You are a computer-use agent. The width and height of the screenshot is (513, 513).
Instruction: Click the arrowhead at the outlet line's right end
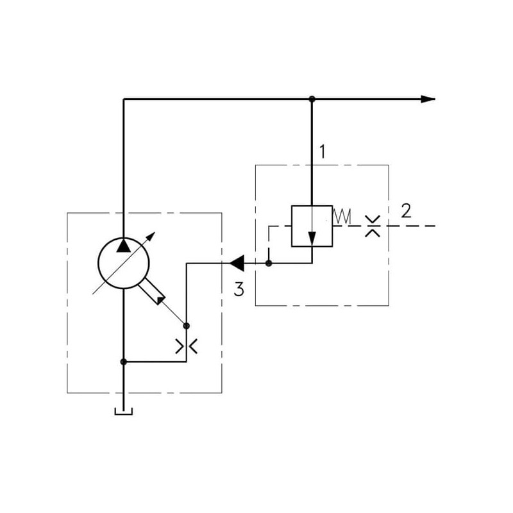428,99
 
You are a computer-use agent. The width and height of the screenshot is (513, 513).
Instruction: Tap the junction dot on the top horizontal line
312,99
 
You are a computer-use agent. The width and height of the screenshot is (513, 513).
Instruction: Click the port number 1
323,152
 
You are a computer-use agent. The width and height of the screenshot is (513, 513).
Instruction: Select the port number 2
405,210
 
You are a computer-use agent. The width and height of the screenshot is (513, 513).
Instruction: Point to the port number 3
239,290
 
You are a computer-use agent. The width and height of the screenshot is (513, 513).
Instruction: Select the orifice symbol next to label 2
372,226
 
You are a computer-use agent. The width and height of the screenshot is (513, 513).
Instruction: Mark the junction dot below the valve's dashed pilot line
269,262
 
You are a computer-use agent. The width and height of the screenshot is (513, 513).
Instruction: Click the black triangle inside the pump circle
122,244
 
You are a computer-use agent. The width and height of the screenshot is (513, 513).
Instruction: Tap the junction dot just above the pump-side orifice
187,326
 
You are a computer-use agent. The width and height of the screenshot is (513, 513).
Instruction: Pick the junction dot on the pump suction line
123,362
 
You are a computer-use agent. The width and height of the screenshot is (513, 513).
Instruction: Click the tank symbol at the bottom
123,411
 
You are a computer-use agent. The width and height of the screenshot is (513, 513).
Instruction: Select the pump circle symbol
122,262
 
